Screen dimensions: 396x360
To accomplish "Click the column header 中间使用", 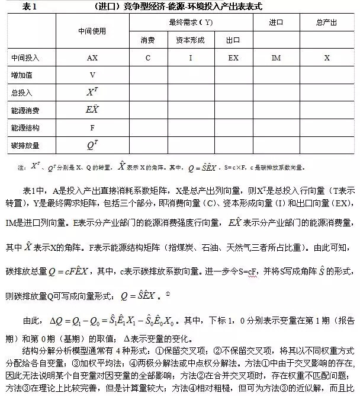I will pos(92,31).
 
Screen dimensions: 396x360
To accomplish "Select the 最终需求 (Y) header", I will pos(191,22).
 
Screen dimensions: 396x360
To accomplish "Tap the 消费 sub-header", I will pos(148,40).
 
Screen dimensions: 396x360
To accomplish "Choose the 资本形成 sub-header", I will pos(190,40).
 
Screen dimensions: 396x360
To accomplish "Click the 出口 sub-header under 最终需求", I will pos(233,40).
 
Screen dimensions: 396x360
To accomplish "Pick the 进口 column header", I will pos(276,22).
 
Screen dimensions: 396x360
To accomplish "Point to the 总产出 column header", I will pos(327,22).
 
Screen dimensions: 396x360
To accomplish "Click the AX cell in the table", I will pos(92,58).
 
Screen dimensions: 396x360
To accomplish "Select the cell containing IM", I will pos(276,58).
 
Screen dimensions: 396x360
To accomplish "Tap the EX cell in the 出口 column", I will pos(233,58).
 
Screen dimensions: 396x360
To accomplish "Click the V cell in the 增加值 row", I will pos(92,75).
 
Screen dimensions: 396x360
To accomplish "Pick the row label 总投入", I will pos(22,93).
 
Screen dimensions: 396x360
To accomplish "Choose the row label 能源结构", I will pos(25,127).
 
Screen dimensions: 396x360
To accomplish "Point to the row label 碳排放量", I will pos(25,145).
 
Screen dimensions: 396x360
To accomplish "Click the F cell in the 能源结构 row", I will pos(92,127).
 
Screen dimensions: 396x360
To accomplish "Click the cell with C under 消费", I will pos(148,58).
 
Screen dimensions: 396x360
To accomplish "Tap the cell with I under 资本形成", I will pos(190,58).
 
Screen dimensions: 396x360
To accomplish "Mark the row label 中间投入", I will pos(25,58).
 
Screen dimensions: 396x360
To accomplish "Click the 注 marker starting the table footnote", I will pos(21,168).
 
